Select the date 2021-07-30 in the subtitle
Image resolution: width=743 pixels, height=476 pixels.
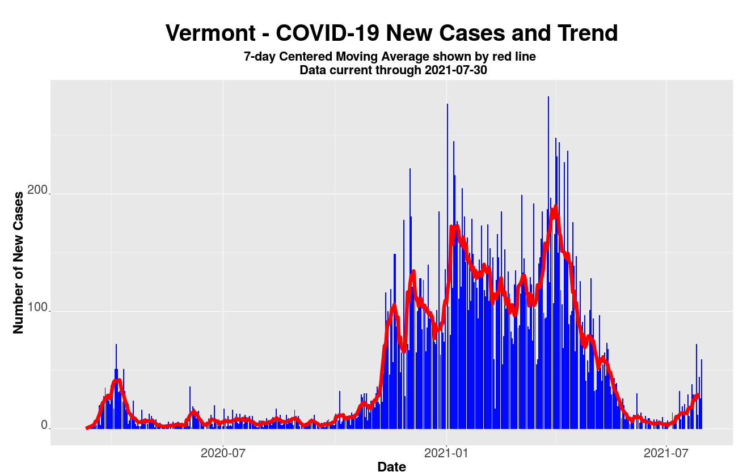click(455, 70)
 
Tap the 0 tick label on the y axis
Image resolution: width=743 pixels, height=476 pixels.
click(44, 426)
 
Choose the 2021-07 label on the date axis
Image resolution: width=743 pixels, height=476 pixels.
click(665, 453)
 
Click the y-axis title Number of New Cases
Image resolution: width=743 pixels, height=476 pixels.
click(18, 262)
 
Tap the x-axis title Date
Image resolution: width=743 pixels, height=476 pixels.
click(391, 467)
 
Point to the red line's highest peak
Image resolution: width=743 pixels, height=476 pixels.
click(556, 207)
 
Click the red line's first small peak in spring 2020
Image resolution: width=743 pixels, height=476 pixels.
click(117, 380)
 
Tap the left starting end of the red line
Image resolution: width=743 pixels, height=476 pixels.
click(87, 428)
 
